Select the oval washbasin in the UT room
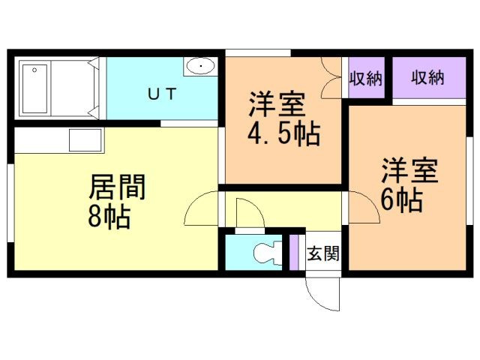[201, 67]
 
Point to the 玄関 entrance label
[323, 252]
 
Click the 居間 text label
[117, 187]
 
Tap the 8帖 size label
[109, 217]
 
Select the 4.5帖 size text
[284, 135]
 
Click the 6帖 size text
[400, 199]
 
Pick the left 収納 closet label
[366, 78]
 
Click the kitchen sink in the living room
[85, 140]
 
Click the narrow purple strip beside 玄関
[295, 252]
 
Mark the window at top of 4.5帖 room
[258, 52]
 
